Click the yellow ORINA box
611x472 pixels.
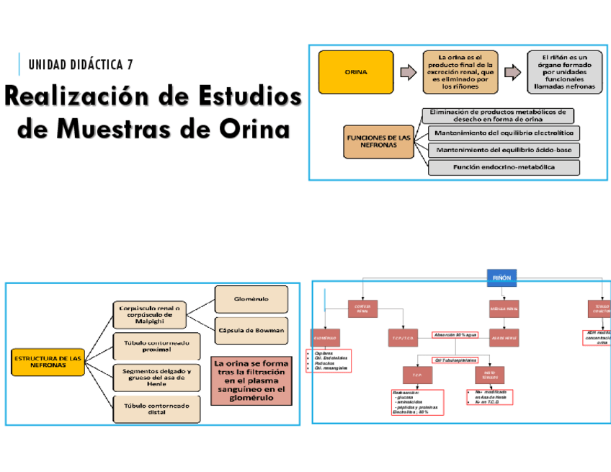point(357,72)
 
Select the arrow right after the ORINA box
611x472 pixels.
point(408,72)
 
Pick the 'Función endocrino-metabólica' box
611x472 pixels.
point(504,167)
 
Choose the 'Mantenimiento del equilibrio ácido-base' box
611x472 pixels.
point(504,150)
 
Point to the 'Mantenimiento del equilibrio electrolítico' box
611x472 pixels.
point(504,133)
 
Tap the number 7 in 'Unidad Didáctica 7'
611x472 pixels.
point(130,65)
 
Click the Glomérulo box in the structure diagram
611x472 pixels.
point(251,298)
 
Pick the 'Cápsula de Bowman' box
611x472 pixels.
point(251,331)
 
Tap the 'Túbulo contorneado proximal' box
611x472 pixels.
point(156,347)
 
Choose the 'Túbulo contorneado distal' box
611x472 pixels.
point(156,409)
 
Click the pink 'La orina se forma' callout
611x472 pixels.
point(251,380)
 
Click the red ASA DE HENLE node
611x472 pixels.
point(504,337)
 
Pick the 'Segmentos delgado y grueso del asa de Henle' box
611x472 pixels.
point(156,378)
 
